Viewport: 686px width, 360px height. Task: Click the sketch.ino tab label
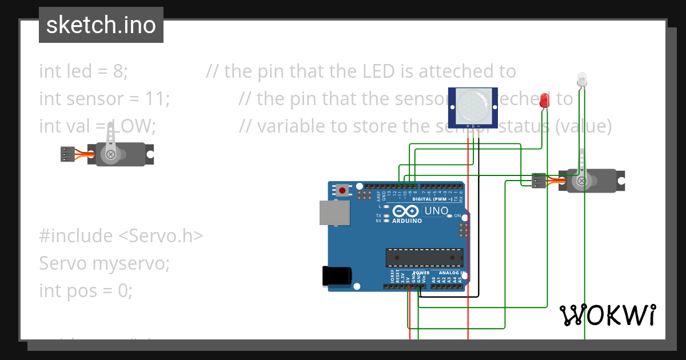[101, 25]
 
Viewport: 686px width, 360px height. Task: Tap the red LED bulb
[544, 101]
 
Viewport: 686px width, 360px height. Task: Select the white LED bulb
[582, 79]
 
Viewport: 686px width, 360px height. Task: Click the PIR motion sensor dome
[473, 105]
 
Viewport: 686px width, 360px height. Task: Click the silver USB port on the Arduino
[334, 212]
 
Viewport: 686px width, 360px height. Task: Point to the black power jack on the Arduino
[337, 275]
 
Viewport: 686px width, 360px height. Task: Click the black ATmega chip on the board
[424, 258]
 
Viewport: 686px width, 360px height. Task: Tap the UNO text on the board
[437, 211]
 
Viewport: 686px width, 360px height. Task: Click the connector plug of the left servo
[67, 154]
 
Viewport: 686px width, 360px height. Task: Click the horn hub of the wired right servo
[581, 181]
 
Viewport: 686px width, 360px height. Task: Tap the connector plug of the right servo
[539, 181]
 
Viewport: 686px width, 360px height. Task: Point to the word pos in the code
[82, 291]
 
